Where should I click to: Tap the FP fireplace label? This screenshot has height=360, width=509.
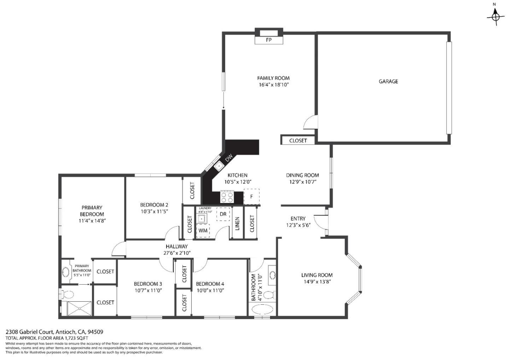pyautogui.click(x=269, y=40)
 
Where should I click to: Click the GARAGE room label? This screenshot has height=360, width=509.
pyautogui.click(x=388, y=81)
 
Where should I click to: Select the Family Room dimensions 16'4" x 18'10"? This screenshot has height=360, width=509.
pyautogui.click(x=273, y=85)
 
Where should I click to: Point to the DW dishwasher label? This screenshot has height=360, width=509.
pyautogui.click(x=229, y=157)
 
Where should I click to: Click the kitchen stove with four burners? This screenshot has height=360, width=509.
pyautogui.click(x=227, y=197)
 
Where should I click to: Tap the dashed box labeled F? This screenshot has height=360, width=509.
pyautogui.click(x=252, y=197)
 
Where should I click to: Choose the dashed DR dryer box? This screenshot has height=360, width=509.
pyautogui.click(x=223, y=214)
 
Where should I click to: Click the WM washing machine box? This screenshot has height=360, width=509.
pyautogui.click(x=203, y=230)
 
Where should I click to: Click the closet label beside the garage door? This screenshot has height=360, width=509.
pyautogui.click(x=298, y=140)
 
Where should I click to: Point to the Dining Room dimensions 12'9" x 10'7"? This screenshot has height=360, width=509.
pyautogui.click(x=302, y=182)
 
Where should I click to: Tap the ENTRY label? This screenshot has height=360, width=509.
pyautogui.click(x=298, y=219)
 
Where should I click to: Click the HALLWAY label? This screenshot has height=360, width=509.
pyautogui.click(x=177, y=246)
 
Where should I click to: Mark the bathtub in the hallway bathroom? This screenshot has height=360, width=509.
pyautogui.click(x=262, y=309)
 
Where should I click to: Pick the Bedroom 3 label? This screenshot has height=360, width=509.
pyautogui.click(x=148, y=284)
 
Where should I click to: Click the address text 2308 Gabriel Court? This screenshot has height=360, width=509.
pyautogui.click(x=30, y=332)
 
